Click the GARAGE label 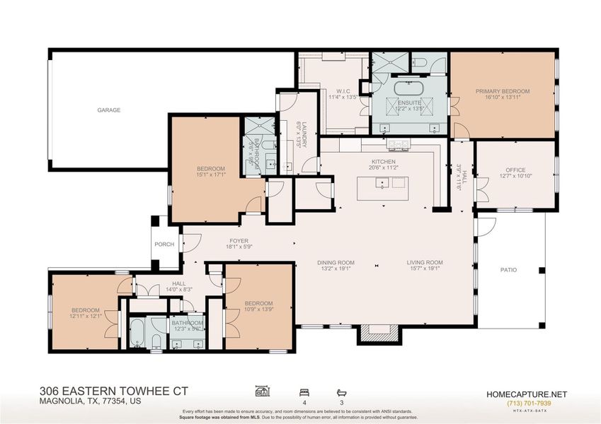pos(109,110)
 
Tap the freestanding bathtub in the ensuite pos(408,88)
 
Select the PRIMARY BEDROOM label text pos(503,91)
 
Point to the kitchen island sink pos(382,183)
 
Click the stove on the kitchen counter pos(398,145)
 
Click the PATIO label pos(509,269)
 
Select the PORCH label pos(164,245)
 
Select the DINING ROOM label pos(336,263)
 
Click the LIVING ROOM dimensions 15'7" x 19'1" pos(424,269)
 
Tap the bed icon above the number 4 pos(304,391)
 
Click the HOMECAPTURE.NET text pos(527,394)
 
